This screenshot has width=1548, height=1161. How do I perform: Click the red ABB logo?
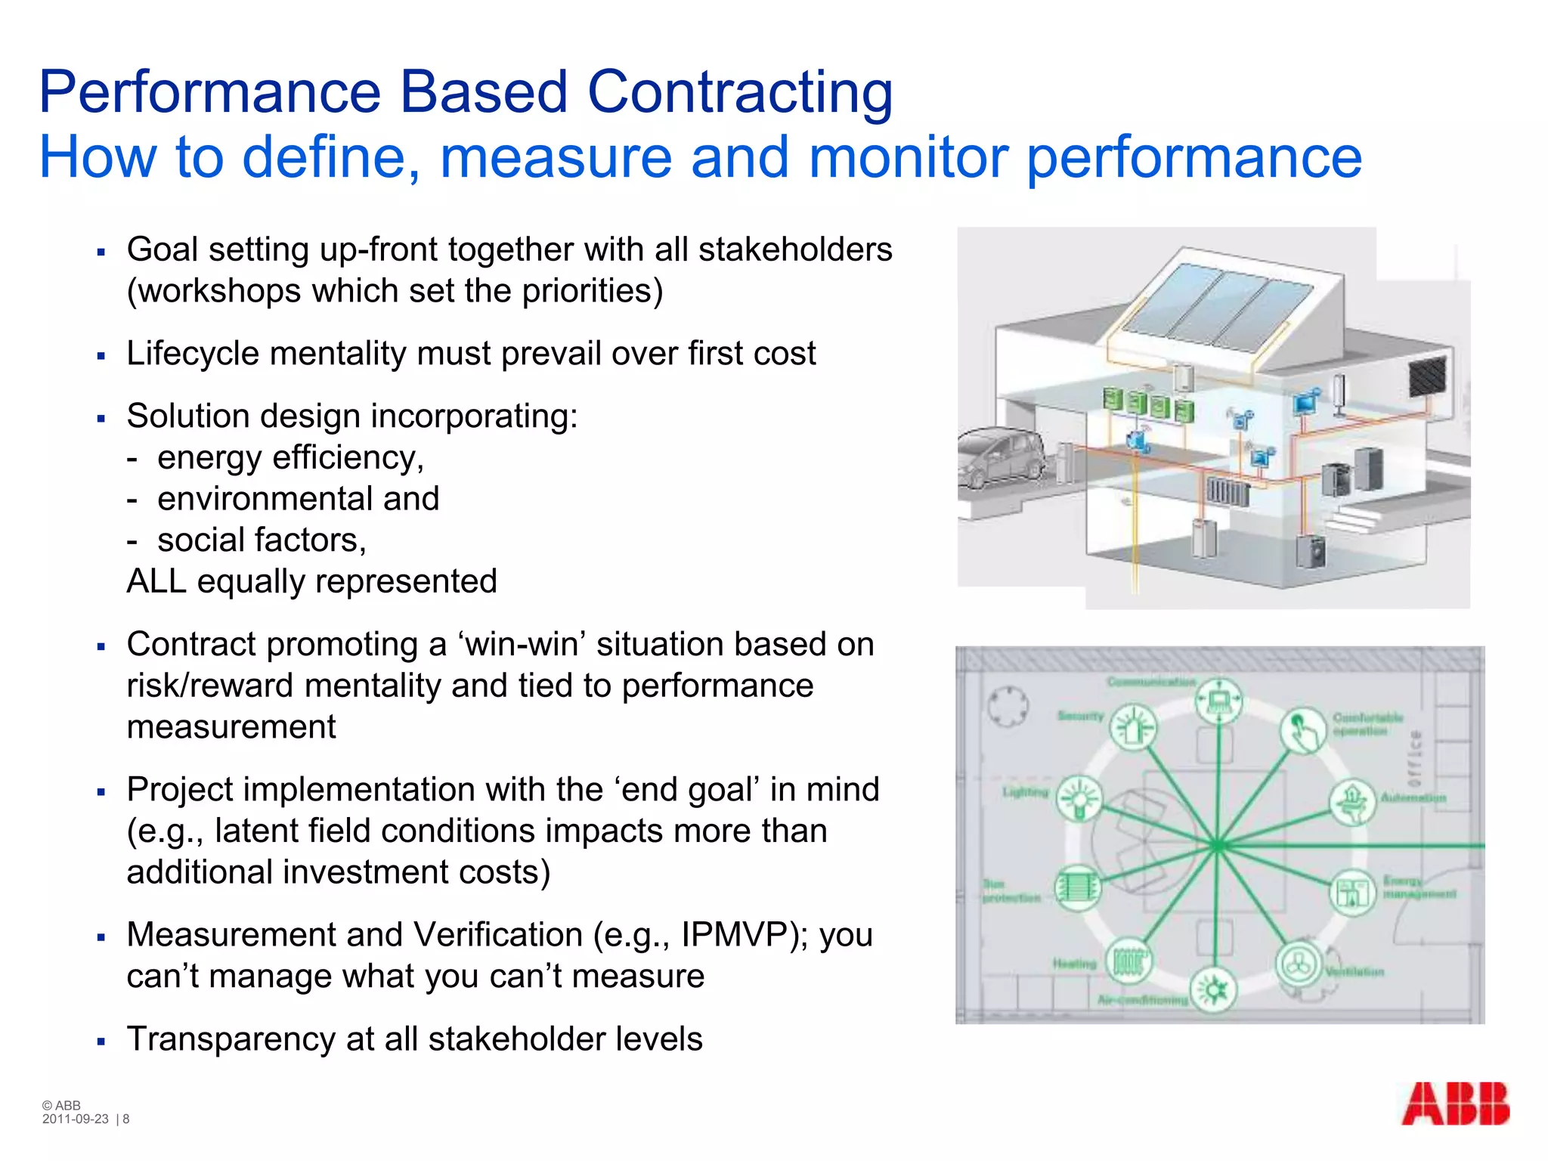click(x=1455, y=1104)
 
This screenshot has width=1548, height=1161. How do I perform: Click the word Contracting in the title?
click(x=740, y=92)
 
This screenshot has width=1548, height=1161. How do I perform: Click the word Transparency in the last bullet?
click(x=231, y=1039)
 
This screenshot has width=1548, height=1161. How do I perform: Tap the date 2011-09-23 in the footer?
click(x=76, y=1119)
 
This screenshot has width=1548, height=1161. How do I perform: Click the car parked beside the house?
click(x=1002, y=457)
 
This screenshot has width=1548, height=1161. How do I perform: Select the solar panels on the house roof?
click(x=1217, y=306)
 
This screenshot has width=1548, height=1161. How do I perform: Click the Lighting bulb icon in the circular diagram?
click(x=1079, y=798)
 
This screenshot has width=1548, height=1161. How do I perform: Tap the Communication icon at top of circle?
click(x=1218, y=701)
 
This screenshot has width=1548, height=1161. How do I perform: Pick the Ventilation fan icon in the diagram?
click(x=1298, y=964)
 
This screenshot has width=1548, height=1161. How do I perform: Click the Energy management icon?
click(x=1352, y=893)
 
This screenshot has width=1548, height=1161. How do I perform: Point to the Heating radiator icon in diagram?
click(x=1128, y=961)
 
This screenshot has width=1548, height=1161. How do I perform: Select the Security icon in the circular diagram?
click(x=1132, y=727)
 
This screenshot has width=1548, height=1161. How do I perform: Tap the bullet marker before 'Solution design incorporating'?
click(x=101, y=418)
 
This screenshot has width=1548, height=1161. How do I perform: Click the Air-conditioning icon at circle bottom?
click(x=1213, y=989)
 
